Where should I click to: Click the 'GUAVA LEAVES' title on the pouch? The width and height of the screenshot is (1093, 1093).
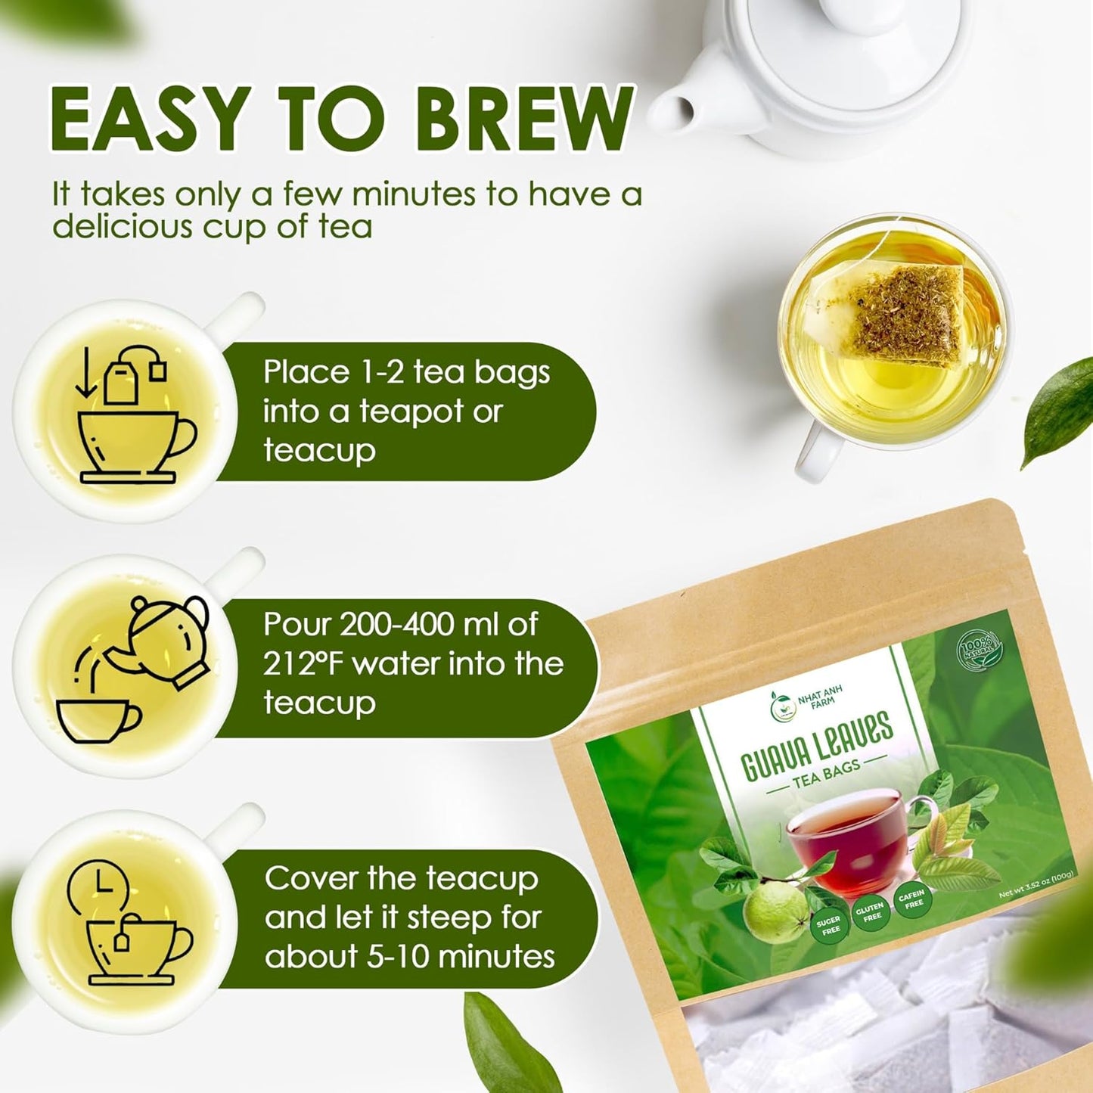817,746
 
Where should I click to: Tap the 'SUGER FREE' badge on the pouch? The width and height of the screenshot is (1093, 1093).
829,925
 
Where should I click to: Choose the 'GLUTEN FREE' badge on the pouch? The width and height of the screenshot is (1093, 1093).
871,912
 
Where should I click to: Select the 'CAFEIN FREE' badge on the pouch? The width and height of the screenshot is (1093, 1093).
912,899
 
